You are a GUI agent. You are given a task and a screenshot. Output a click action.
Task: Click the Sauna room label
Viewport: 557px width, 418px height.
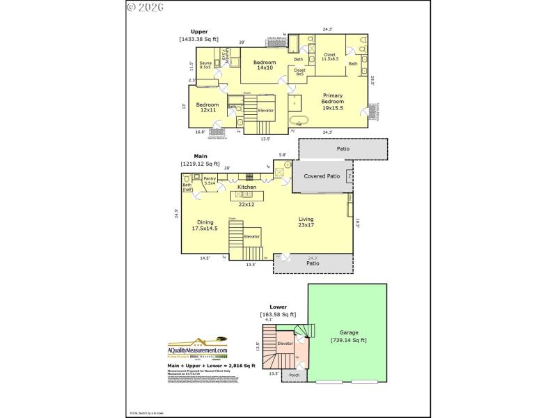point(205,66)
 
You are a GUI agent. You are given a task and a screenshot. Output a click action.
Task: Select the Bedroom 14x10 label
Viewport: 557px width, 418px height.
point(265,65)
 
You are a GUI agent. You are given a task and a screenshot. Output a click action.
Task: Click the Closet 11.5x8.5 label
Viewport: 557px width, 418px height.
point(329,56)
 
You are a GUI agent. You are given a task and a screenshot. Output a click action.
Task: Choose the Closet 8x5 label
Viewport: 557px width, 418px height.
point(299,72)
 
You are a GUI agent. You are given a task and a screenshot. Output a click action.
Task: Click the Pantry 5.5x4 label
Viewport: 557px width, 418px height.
point(210,180)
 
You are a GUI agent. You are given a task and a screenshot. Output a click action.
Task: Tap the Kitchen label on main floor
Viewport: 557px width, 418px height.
point(247,187)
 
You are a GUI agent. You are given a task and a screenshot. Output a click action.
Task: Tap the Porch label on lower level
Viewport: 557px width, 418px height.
point(295,376)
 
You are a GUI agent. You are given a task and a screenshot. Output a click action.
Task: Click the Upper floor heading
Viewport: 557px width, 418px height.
point(201,31)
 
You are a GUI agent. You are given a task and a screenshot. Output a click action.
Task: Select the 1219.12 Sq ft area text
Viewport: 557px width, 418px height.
point(200,163)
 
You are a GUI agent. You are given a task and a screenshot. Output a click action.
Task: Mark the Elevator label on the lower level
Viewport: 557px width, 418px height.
point(285,344)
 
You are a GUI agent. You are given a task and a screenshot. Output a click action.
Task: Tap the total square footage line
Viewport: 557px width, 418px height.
point(211,365)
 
